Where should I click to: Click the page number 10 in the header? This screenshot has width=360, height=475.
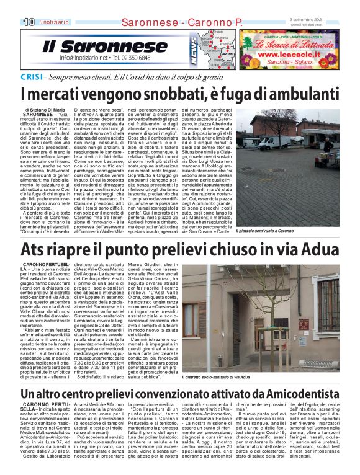[29, 22]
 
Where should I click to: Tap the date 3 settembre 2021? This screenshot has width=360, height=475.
[322, 19]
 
